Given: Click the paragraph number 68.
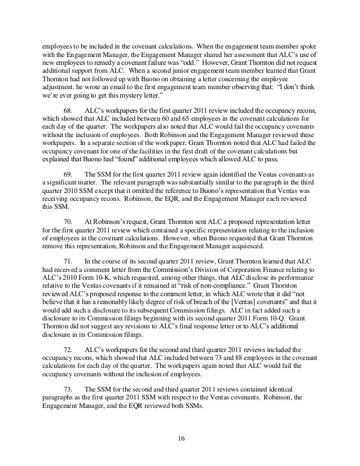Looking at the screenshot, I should (68, 112).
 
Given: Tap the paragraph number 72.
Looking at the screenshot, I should (68, 350).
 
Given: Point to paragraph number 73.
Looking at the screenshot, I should (68, 389).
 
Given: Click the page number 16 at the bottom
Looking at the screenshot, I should (179, 438).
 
